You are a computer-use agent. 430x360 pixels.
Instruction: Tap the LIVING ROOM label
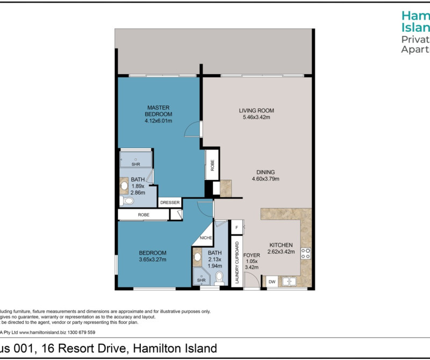[x=254, y=111]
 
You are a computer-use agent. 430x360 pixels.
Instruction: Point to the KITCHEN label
[x=281, y=244]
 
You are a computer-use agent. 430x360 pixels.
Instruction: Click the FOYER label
[x=252, y=255]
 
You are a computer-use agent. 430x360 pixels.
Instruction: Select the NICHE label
[x=206, y=237]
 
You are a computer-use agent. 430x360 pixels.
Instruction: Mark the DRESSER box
[x=170, y=203]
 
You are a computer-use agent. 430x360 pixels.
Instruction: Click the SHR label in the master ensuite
[x=128, y=164]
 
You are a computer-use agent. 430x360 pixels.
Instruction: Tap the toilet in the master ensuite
[x=127, y=201]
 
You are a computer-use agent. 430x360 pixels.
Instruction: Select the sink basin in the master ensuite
[x=125, y=186]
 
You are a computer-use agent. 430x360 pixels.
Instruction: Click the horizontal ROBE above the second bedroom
[x=144, y=215]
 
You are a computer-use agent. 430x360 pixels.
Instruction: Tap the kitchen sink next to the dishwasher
[x=289, y=280]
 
